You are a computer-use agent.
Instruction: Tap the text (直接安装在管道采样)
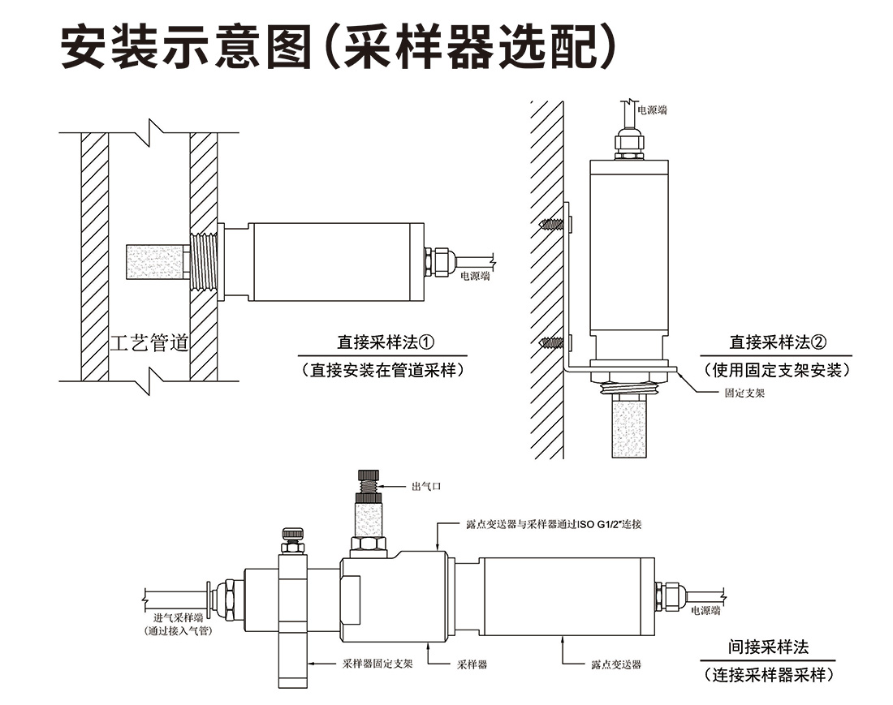pos(382,370)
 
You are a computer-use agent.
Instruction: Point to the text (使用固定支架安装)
pos(778,370)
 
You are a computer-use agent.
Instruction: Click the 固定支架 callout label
pos(745,393)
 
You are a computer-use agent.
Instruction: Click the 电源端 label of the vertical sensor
pos(652,110)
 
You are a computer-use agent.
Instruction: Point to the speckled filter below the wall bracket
pos(629,426)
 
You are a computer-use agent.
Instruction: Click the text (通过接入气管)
pos(177,630)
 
